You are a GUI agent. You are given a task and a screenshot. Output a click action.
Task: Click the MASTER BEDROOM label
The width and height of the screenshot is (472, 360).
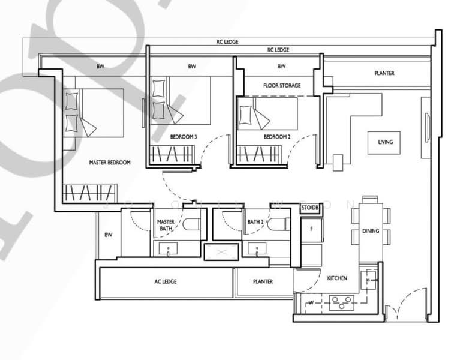point(110,163)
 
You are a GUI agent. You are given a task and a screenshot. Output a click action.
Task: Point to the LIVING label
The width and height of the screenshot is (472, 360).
point(385,142)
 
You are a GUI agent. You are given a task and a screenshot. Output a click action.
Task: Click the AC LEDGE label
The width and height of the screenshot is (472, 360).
point(165,281)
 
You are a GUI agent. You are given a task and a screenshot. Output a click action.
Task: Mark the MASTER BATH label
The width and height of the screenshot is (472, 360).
point(166,225)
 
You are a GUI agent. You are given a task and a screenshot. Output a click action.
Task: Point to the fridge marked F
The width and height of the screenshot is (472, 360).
point(311,229)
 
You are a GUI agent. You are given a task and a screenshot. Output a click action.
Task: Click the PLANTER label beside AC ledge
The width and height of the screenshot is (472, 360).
point(263,281)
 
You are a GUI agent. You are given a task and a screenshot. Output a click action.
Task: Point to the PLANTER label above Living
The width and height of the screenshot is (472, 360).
point(384,73)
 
